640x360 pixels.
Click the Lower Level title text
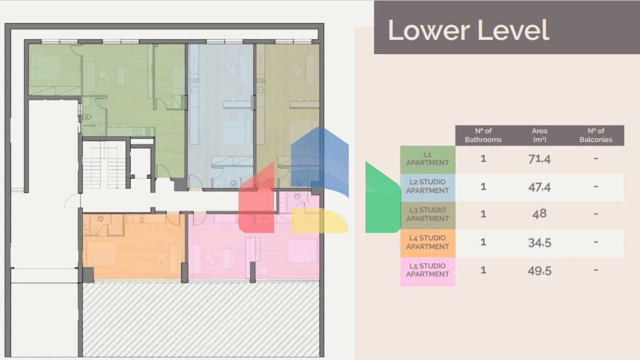coord(468,30)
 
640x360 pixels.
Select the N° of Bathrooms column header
coord(483,135)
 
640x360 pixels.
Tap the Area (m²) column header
coord(539,135)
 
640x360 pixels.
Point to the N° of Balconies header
coord(595,135)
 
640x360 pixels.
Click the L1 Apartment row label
coord(427,159)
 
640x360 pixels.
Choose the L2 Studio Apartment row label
coord(427,187)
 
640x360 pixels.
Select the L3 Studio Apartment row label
coord(427,215)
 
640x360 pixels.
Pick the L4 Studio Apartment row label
coord(427,242)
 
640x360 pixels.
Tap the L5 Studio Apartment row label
coord(427,270)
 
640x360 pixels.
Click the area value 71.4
coord(539,159)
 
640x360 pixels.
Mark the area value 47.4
coord(539,187)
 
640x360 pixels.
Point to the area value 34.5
coord(539,242)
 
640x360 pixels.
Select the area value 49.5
coord(539,271)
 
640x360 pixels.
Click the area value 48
coord(539,214)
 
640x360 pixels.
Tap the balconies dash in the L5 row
coord(595,270)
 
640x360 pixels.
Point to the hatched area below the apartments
coord(200,319)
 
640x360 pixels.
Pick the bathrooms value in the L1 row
coord(483,159)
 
